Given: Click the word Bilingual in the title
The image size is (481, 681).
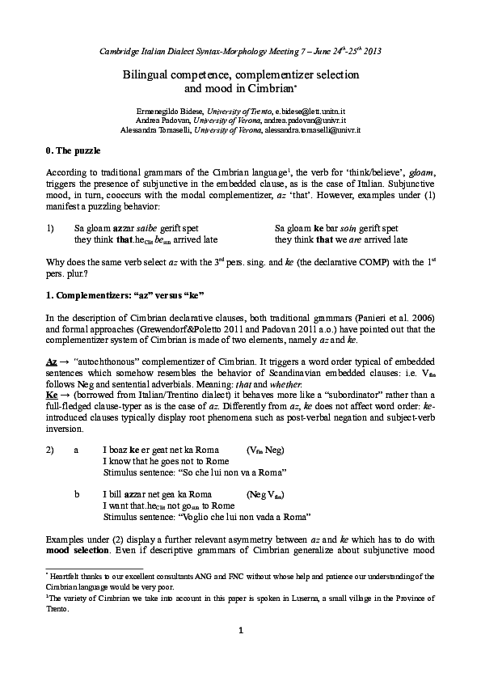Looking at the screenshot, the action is tap(143, 74).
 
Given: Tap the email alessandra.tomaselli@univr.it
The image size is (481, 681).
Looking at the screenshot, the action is tap(321, 129).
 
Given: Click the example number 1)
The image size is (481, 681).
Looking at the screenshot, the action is tap(51, 229).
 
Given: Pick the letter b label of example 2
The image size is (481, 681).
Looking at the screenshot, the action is tap(77, 493).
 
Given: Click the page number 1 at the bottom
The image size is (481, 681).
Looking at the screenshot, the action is tap(240, 653).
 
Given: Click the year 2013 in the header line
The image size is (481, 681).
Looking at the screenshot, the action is tap(371, 51).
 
